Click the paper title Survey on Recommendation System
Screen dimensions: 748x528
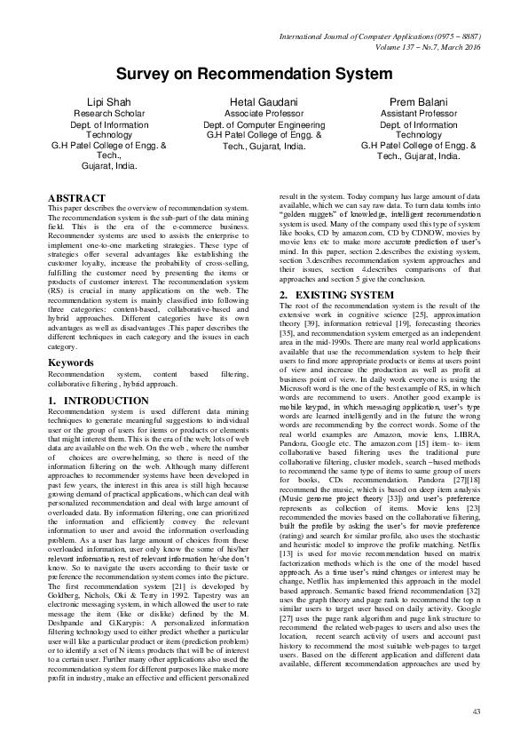264,78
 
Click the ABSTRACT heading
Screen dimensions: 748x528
80,197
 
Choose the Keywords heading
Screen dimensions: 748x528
71,387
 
